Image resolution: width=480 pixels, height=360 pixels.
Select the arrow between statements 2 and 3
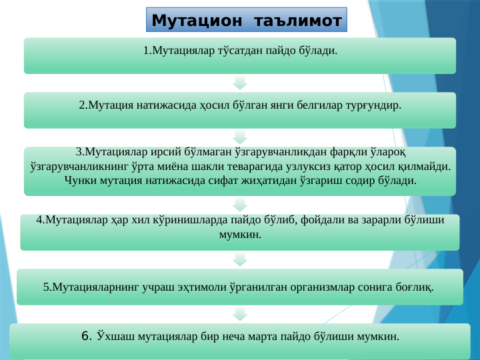[x=240, y=138]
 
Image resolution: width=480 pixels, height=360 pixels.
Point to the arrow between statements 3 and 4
[x=240, y=202]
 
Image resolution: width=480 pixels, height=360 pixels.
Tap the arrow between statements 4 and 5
[x=240, y=258]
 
